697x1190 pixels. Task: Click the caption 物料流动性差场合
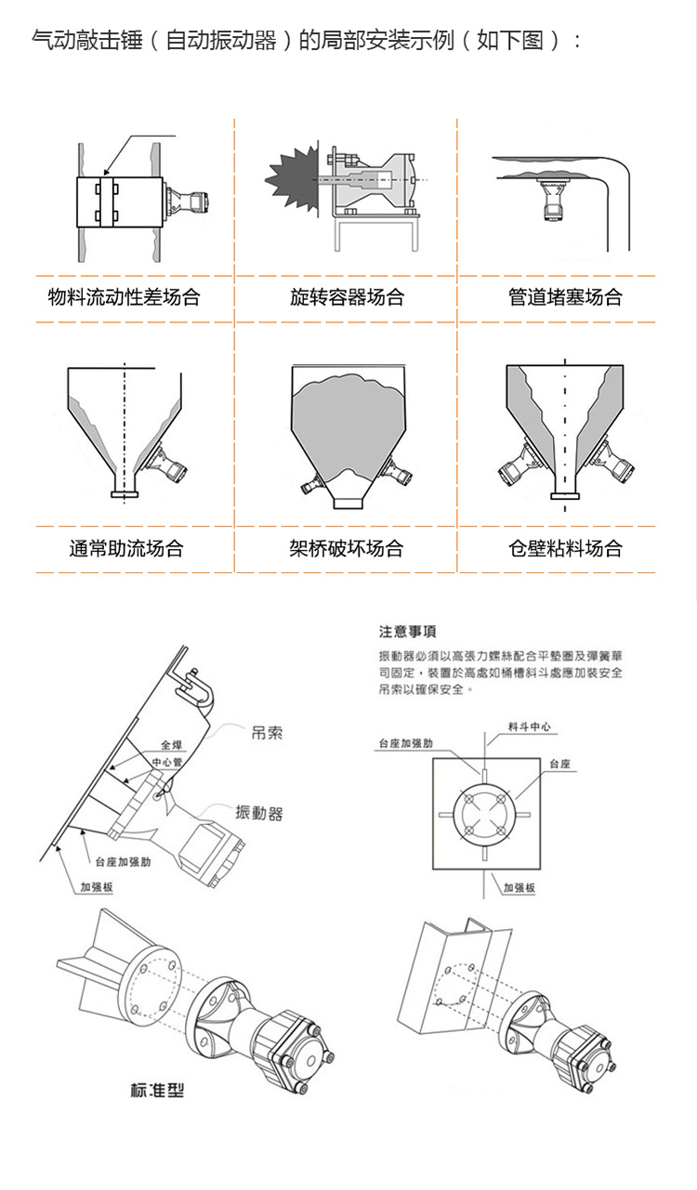click(x=125, y=298)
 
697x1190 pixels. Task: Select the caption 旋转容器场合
click(x=347, y=298)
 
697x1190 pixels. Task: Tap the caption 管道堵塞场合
click(x=565, y=298)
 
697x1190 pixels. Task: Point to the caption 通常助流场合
click(x=126, y=548)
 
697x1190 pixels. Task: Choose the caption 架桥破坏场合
click(x=347, y=548)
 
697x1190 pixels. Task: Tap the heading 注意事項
click(x=407, y=633)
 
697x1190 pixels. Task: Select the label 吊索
click(x=267, y=733)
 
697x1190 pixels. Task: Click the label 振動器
click(x=259, y=813)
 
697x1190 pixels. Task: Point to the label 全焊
click(x=172, y=745)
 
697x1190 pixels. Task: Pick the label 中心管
click(x=166, y=762)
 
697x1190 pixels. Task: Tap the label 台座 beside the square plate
click(x=559, y=764)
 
